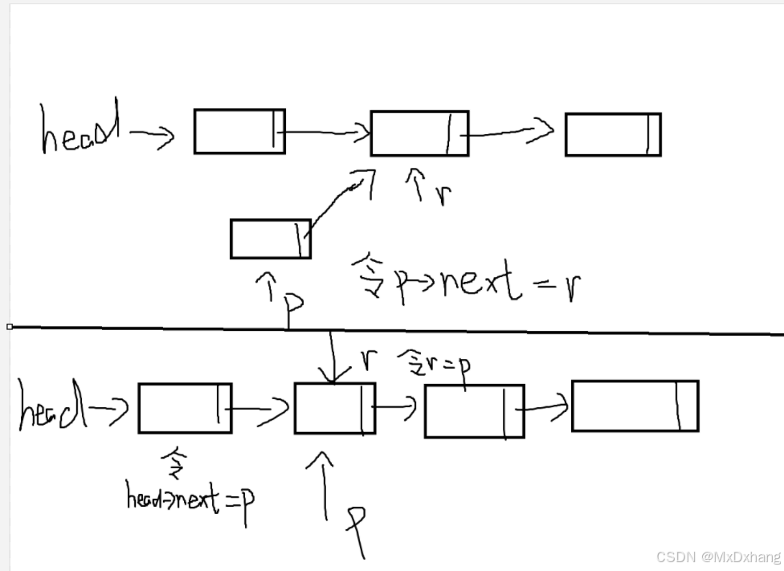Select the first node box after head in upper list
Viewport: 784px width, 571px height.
click(x=239, y=131)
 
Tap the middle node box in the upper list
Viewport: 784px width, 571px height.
click(x=419, y=133)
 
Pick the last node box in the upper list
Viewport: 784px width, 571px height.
click(x=612, y=134)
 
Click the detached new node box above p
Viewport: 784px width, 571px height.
click(x=270, y=239)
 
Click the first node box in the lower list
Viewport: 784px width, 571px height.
click(x=185, y=408)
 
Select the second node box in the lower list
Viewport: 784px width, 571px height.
click(x=333, y=409)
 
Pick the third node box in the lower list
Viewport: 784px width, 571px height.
click(x=474, y=411)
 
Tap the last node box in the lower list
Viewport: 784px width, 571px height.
click(x=635, y=406)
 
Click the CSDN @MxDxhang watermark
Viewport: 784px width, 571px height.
click(x=718, y=557)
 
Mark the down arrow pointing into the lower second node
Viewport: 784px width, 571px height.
click(x=331, y=357)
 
